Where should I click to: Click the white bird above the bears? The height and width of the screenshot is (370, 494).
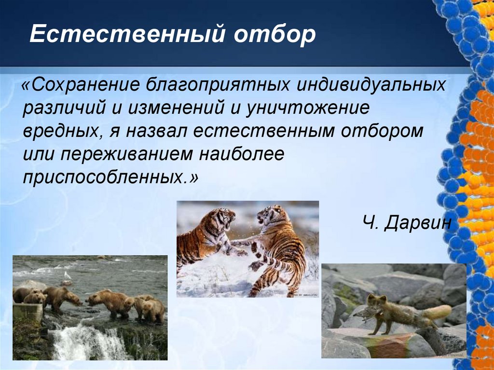click(x=67, y=276)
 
